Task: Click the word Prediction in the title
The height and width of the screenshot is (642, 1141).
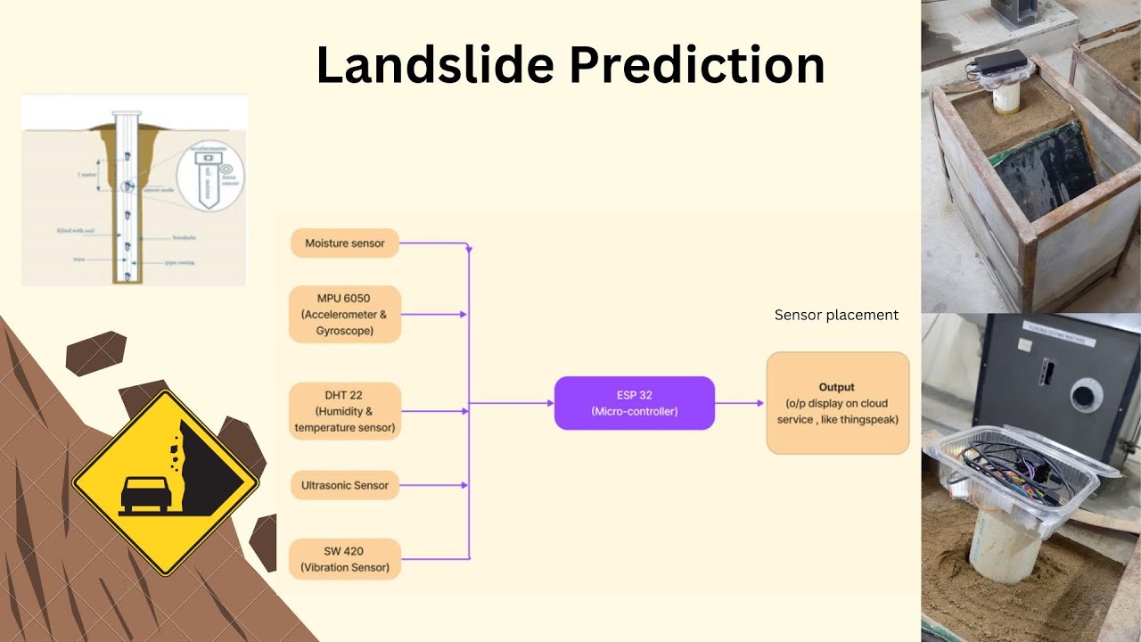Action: [696, 65]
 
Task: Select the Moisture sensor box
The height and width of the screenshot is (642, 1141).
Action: [345, 243]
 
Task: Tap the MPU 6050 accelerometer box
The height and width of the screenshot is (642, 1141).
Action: [345, 314]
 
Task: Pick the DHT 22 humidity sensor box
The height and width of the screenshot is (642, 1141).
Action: [345, 411]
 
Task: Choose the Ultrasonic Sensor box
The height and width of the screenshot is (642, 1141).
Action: [345, 485]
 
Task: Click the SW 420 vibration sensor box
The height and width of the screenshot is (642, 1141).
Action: [345, 559]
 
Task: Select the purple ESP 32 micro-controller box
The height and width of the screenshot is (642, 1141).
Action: [634, 403]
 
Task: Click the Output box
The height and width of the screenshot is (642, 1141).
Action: [837, 403]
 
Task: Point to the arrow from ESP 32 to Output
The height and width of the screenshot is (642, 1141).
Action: [740, 403]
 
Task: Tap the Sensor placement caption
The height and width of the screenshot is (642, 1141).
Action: [836, 315]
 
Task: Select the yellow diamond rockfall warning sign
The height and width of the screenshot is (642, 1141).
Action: [165, 482]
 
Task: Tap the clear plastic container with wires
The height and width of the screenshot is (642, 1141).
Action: [1016, 473]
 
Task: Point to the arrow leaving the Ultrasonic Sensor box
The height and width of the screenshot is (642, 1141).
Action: [433, 485]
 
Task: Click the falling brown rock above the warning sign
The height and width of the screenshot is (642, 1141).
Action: [95, 353]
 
